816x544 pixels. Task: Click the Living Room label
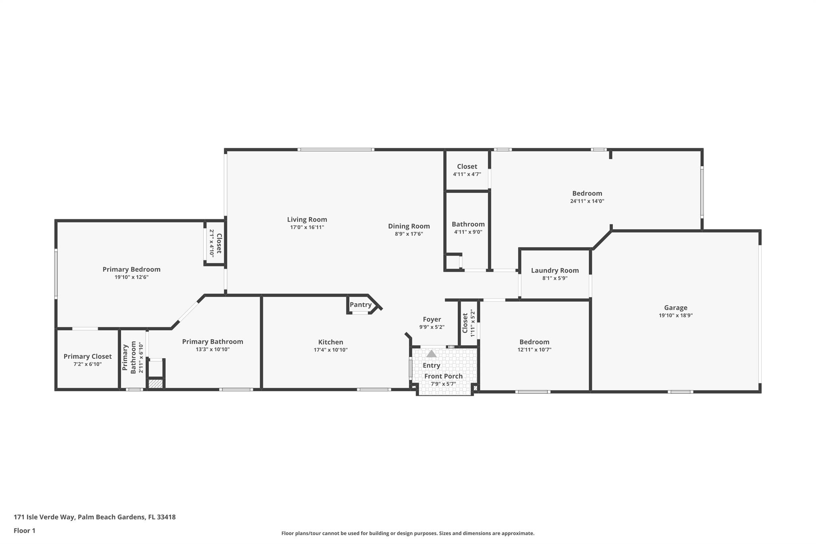click(307, 220)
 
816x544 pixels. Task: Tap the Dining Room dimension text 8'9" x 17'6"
click(408, 234)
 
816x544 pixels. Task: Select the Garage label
click(675, 308)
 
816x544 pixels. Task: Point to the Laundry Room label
click(555, 271)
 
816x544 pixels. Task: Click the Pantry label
click(360, 305)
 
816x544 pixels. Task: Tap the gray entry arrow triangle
click(432, 354)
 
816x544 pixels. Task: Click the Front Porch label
click(443, 376)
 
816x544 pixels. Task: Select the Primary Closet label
click(88, 357)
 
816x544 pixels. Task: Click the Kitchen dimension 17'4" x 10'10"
click(330, 350)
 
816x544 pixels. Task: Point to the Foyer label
click(432, 319)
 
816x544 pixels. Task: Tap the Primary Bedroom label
click(131, 269)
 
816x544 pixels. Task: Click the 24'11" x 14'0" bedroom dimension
click(587, 201)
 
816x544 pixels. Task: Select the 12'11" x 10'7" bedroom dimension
click(534, 350)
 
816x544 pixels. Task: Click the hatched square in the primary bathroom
click(155, 384)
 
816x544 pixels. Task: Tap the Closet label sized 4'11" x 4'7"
click(467, 167)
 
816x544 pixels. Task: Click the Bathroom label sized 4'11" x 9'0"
click(468, 224)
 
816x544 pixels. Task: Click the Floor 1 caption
click(24, 530)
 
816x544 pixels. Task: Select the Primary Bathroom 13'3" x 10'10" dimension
click(212, 350)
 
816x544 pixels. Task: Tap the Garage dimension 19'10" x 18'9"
click(675, 315)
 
